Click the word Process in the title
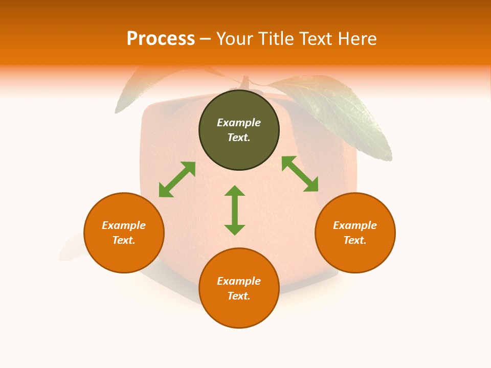(161, 39)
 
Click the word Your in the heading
(235, 39)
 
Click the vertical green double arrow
(235, 210)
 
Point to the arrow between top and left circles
(177, 179)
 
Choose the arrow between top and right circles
(300, 174)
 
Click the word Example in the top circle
(239, 123)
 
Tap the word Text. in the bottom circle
(239, 296)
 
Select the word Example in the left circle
(124, 225)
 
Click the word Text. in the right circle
(355, 240)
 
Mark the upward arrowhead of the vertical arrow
(235, 191)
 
